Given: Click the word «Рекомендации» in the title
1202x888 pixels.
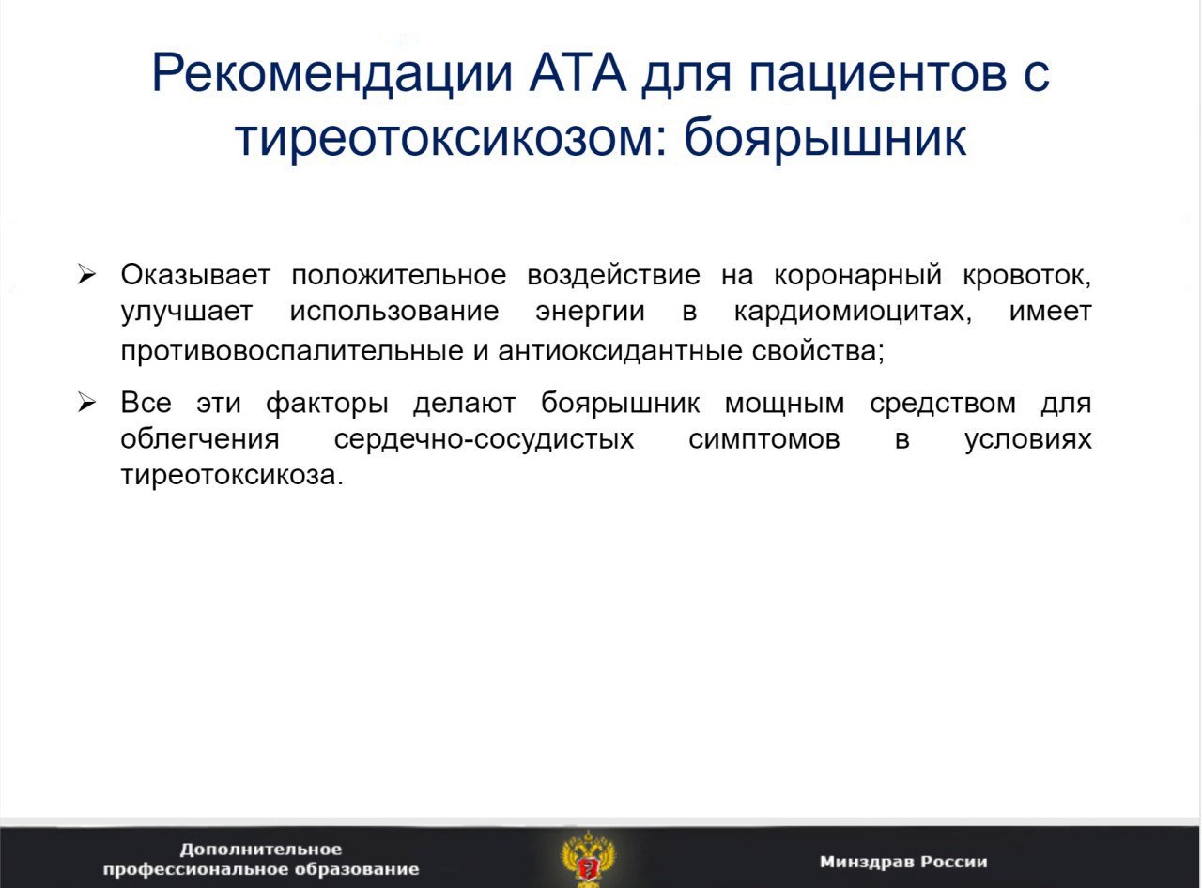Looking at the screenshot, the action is click(x=332, y=73).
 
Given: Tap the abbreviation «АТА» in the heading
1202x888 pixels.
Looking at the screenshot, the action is click(x=578, y=72).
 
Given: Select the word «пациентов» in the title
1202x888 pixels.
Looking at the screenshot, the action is click(x=878, y=73).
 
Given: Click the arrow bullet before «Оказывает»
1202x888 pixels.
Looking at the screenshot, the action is click(x=86, y=275).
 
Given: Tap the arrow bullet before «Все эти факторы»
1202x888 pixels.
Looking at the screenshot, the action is click(x=86, y=403).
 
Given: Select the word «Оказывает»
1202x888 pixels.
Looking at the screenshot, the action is click(x=195, y=275).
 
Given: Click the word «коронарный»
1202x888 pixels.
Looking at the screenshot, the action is click(x=858, y=275).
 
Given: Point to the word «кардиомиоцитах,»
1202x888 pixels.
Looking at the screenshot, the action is click(x=853, y=312).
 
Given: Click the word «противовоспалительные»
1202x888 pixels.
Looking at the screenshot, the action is click(x=292, y=351).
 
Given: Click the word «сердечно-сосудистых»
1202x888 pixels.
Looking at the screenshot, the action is click(x=484, y=439).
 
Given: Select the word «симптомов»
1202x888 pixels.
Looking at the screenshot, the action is click(x=764, y=440).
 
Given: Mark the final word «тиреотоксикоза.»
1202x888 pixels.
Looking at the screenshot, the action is click(x=232, y=476).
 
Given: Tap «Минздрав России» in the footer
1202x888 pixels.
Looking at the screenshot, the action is click(x=903, y=862).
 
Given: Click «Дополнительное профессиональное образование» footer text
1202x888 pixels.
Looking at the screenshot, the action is click(x=261, y=859).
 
